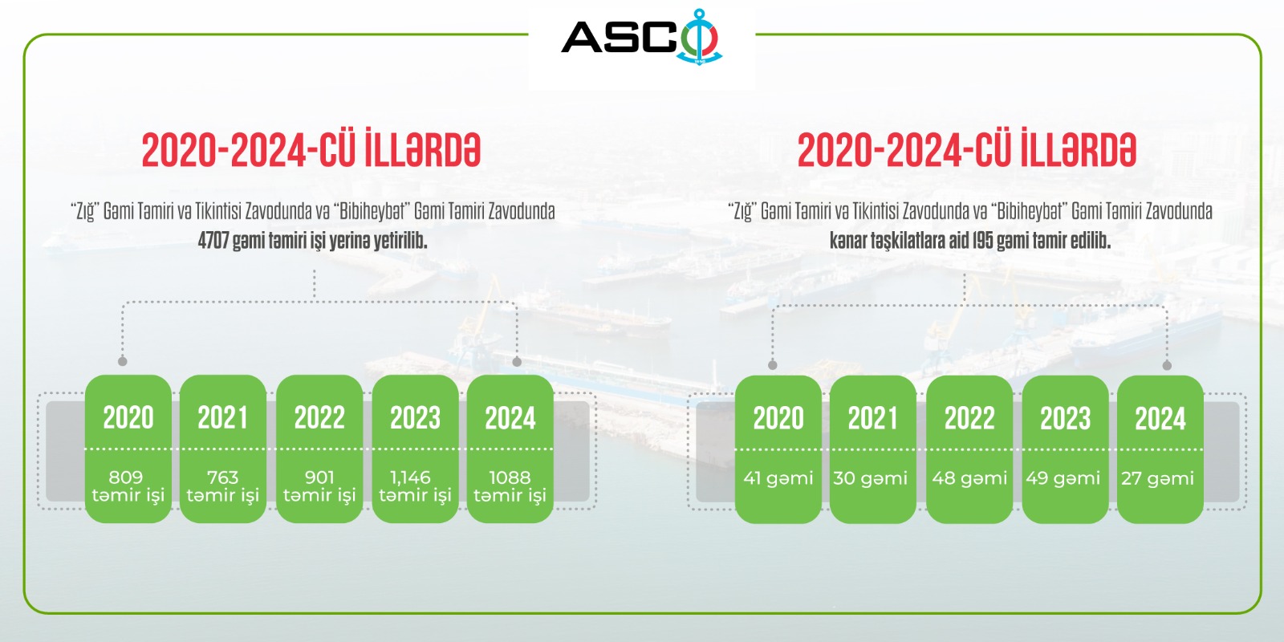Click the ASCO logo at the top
[x=641, y=37]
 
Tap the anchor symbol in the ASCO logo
[x=699, y=37]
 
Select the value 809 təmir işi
[x=128, y=486]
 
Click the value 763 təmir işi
[x=223, y=486]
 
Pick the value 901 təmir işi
[x=319, y=486]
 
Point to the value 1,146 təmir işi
[x=415, y=486]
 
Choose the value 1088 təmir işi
[x=510, y=486]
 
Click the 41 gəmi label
[x=778, y=478]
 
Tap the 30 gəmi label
[x=870, y=478]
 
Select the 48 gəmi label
[x=969, y=478]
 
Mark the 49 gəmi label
[x=1063, y=478]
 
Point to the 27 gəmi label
[x=1157, y=478]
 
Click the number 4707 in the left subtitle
[x=213, y=241]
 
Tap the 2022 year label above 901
[x=319, y=417]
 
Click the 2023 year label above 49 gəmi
[x=1065, y=418]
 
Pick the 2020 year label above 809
[x=128, y=417]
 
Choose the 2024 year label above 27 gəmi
[x=1160, y=418]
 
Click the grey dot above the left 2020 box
[x=122, y=361]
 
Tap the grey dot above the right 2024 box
[x=1167, y=365]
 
